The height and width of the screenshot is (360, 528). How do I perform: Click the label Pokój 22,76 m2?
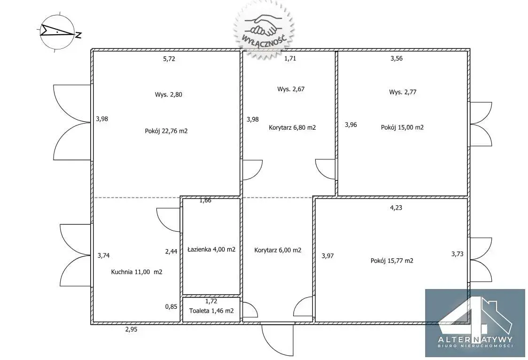[x=166, y=131]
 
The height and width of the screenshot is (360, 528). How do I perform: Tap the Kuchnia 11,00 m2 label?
[x=136, y=272]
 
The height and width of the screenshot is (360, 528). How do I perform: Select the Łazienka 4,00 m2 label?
[x=211, y=250]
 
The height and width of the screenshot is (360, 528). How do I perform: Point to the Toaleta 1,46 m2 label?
[x=211, y=311]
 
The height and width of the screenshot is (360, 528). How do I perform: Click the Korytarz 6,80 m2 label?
[x=292, y=128]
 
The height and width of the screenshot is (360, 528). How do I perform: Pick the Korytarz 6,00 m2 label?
[x=278, y=250]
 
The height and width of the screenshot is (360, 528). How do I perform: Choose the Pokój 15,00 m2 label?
[x=402, y=127]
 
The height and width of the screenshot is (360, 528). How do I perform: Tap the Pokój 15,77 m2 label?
[x=392, y=261]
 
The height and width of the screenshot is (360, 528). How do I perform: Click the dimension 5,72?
[x=169, y=59]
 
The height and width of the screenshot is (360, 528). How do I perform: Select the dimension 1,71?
[x=290, y=58]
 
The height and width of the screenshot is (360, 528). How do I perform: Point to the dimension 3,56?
[x=396, y=58]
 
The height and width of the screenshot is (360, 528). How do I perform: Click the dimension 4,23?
[x=396, y=208]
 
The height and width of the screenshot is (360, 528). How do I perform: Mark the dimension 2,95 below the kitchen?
[x=132, y=330]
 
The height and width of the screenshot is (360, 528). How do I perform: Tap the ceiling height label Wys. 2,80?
[x=168, y=94]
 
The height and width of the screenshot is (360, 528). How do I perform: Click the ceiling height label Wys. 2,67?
[x=291, y=89]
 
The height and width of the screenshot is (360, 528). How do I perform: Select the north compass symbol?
[x=58, y=32]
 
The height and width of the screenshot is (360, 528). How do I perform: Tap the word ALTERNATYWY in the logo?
[x=475, y=339]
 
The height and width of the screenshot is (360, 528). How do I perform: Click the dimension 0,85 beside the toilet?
[x=171, y=307]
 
